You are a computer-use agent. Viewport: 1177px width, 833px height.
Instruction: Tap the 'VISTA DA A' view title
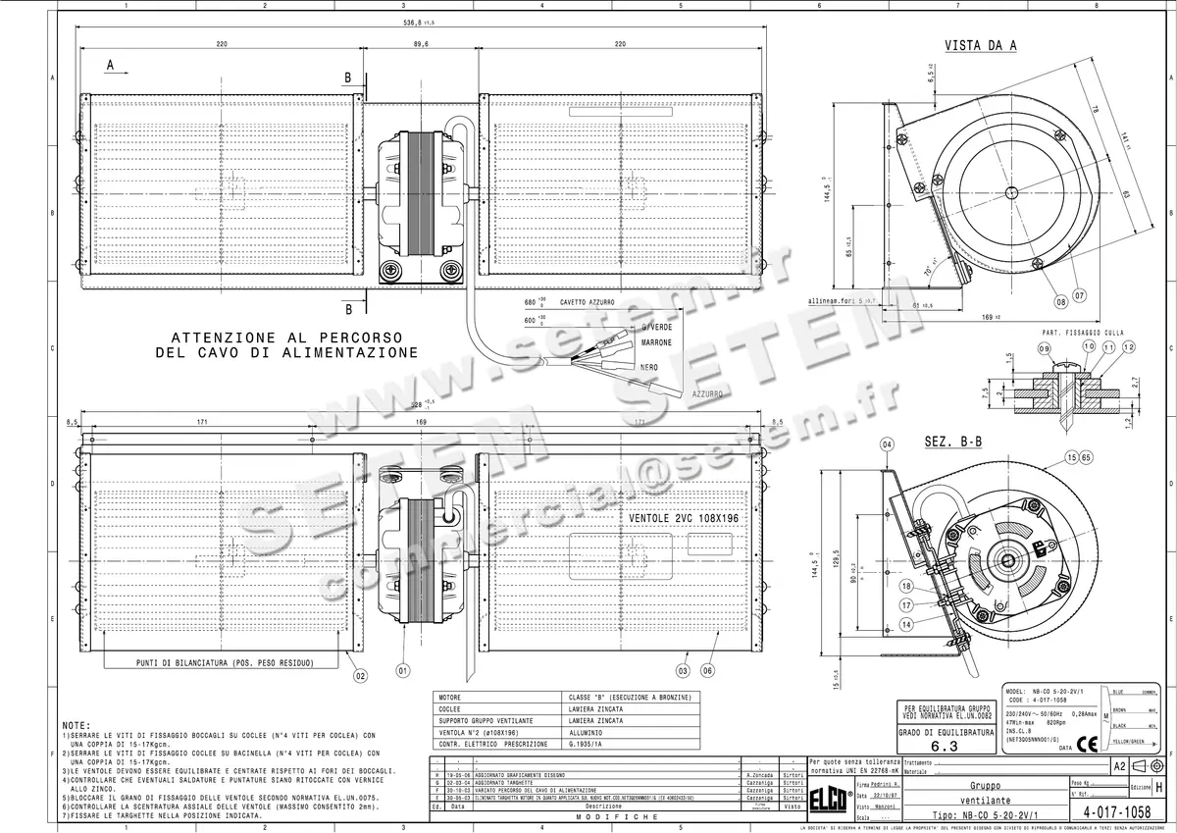pyautogui.click(x=980, y=45)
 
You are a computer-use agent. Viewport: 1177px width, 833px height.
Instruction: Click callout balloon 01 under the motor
pyautogui.click(x=403, y=671)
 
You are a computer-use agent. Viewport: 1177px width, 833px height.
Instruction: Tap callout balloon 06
pyautogui.click(x=708, y=671)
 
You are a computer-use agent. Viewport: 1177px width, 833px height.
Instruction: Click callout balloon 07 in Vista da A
pyautogui.click(x=1079, y=293)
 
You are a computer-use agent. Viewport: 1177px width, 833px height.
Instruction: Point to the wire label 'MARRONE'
pyautogui.click(x=656, y=342)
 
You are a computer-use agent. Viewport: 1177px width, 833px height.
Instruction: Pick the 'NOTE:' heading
pyautogui.click(x=77, y=724)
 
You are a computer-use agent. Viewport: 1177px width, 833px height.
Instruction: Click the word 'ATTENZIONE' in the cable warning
pyautogui.click(x=219, y=337)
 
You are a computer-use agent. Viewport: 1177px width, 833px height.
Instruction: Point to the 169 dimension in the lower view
pyautogui.click(x=420, y=423)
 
